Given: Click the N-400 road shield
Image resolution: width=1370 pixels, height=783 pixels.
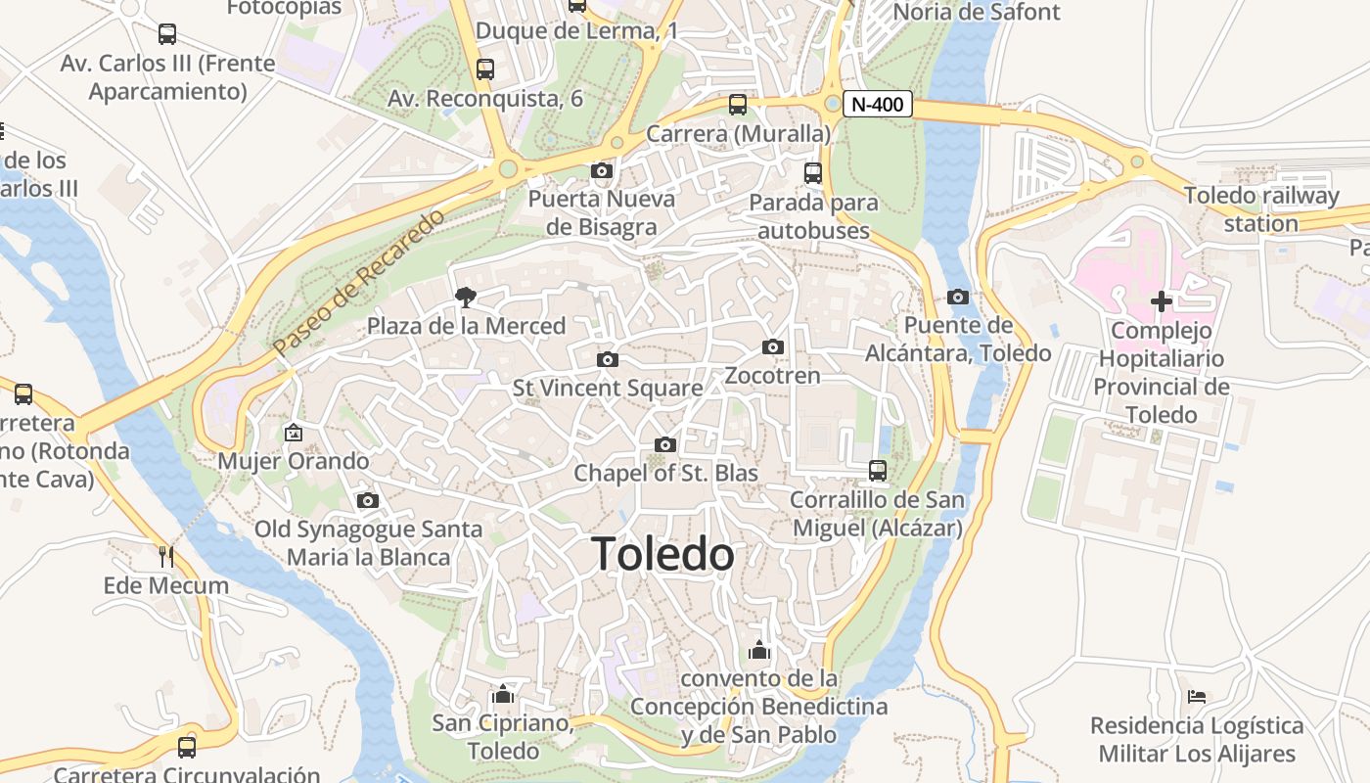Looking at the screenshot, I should (x=878, y=104).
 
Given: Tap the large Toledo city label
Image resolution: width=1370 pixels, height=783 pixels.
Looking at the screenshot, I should (x=662, y=555).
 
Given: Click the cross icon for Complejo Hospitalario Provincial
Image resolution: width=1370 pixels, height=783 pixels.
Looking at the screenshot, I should (x=1161, y=301).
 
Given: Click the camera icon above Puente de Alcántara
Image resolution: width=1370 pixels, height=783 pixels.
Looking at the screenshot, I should (x=958, y=297).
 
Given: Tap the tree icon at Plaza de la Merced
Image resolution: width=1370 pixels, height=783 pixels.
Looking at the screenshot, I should (x=466, y=297).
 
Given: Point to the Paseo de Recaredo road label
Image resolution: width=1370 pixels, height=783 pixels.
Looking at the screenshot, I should (x=358, y=282).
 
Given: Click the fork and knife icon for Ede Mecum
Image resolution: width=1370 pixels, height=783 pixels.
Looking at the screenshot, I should (x=166, y=557).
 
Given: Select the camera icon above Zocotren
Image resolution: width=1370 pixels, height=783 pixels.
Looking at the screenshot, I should (x=773, y=346).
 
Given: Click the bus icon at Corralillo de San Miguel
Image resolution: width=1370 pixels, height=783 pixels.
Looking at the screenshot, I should (x=878, y=471).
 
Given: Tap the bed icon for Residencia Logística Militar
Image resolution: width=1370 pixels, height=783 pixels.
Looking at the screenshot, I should (x=1197, y=697).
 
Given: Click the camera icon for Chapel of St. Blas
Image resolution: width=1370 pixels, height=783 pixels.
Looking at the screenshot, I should (x=665, y=444).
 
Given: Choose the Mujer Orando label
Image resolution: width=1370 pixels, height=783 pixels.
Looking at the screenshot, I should (x=294, y=461).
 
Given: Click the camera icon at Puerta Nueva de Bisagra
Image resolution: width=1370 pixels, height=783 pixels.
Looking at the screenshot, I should (x=602, y=171).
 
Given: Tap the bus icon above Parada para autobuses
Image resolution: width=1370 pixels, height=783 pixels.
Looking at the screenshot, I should (x=813, y=173).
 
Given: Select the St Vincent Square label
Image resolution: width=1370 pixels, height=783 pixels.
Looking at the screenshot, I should (x=608, y=389).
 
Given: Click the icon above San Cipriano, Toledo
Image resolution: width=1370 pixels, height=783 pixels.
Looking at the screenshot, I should (x=503, y=694).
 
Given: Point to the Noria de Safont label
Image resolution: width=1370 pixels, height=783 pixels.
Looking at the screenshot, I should (x=977, y=12).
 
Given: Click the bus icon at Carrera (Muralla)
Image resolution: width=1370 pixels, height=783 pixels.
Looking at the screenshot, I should (x=738, y=104).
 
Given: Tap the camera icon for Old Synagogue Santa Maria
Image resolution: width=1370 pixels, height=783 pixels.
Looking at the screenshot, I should (x=368, y=500).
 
